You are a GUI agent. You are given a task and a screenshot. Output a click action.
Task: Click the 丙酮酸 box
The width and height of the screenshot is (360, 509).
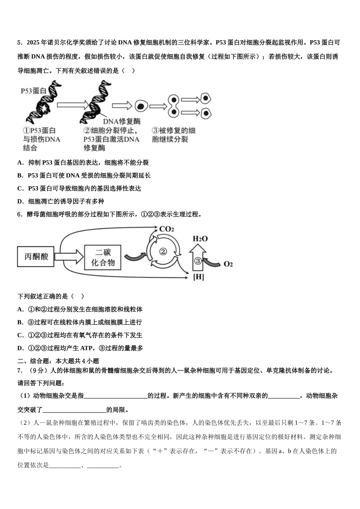click(x=36, y=256)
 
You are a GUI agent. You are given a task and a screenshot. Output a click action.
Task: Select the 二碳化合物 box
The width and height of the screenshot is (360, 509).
click(x=103, y=257)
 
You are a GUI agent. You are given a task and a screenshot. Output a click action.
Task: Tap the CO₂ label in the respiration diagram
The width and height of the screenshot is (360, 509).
click(x=166, y=229)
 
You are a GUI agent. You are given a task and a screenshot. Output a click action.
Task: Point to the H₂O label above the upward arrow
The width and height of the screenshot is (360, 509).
click(x=200, y=239)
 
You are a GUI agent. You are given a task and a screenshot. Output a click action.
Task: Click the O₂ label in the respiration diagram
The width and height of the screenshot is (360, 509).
click(x=228, y=264)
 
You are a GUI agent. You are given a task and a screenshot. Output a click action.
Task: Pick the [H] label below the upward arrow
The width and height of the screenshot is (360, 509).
click(x=199, y=277)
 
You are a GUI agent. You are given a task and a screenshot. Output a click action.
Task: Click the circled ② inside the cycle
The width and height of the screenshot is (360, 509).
click(x=163, y=251)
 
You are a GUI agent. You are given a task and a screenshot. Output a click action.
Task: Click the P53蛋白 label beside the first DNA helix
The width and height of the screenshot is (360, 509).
click(x=33, y=91)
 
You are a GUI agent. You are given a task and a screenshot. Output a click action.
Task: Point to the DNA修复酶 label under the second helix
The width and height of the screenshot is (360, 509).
click(x=122, y=121)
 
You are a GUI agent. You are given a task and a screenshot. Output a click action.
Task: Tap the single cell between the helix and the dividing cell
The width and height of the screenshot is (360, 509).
click(x=141, y=106)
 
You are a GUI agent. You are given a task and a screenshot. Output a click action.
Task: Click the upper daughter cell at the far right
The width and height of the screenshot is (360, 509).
click(x=206, y=98)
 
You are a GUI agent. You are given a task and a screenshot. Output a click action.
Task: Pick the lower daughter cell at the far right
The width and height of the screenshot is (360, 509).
click(x=206, y=113)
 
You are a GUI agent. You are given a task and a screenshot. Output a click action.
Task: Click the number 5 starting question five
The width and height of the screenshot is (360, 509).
click(x=19, y=43)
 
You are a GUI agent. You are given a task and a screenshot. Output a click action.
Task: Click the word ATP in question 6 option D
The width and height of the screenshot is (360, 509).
click(x=86, y=348)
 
